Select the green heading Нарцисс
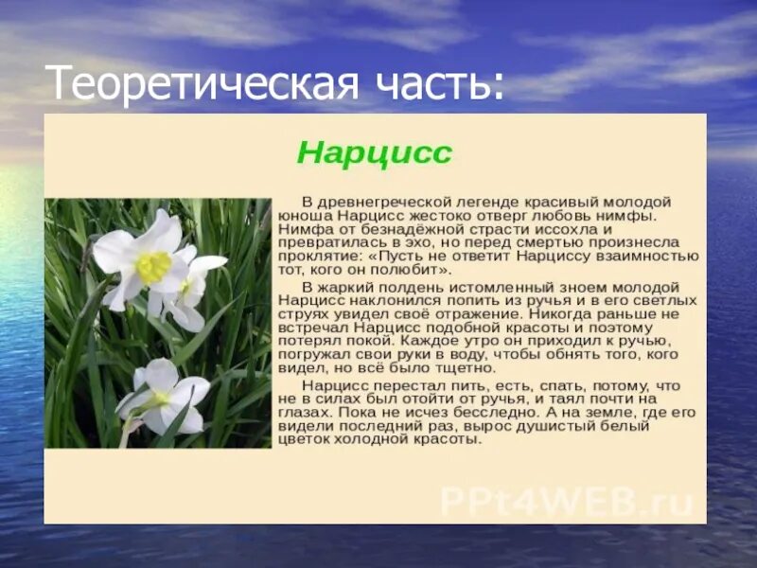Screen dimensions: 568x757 [375, 152]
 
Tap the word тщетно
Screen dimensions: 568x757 [462, 368]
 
